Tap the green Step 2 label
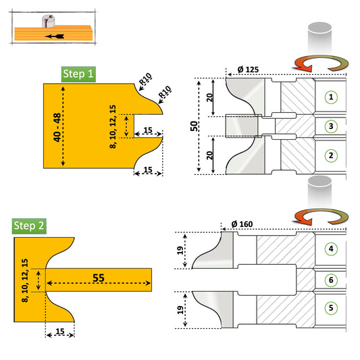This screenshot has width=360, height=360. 29,226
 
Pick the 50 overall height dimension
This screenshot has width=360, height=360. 195,125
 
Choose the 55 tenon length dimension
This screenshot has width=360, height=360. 99,277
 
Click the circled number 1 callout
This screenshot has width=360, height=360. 331,97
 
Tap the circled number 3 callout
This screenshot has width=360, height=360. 331,126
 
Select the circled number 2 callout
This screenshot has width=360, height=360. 331,155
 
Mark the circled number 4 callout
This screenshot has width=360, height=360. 331,249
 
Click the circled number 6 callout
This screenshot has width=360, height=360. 331,279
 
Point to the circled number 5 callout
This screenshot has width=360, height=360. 331,307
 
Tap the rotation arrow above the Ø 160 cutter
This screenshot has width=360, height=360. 320,217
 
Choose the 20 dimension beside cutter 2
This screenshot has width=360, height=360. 211,155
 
